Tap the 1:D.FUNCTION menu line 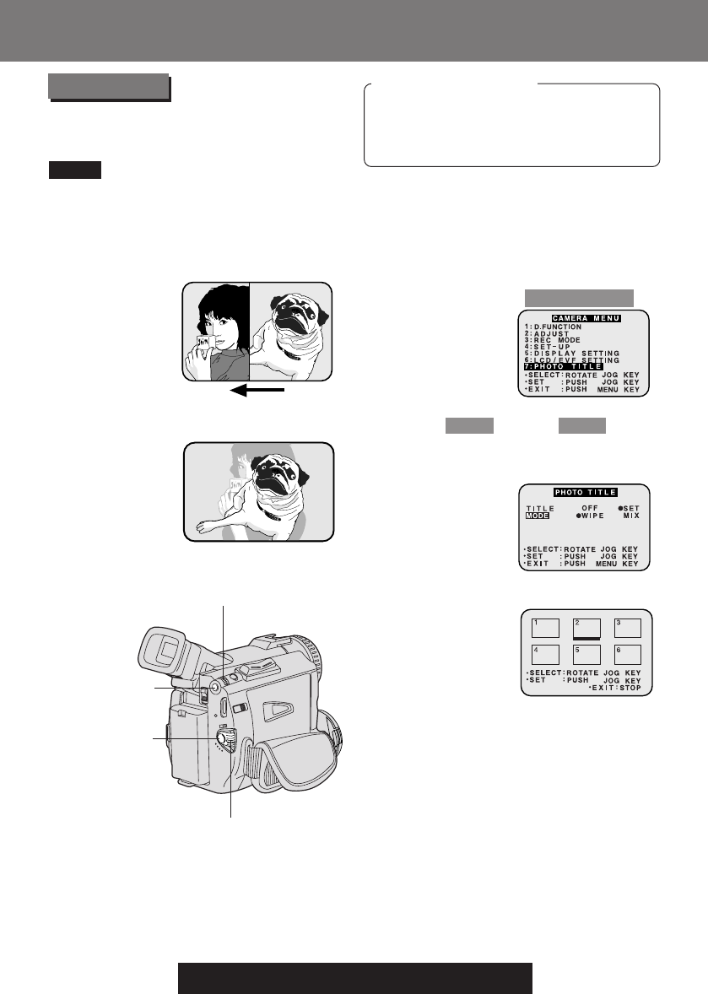pos(554,327)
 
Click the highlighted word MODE pos(538,515)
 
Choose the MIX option pos(630,515)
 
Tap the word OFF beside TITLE pos(590,508)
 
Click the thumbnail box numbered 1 pos(544,627)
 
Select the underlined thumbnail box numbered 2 pos(586,627)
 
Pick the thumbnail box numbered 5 pos(586,654)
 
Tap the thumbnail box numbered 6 pos(627,654)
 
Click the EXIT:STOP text pos(615,689)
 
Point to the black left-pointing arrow pos(257,391)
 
